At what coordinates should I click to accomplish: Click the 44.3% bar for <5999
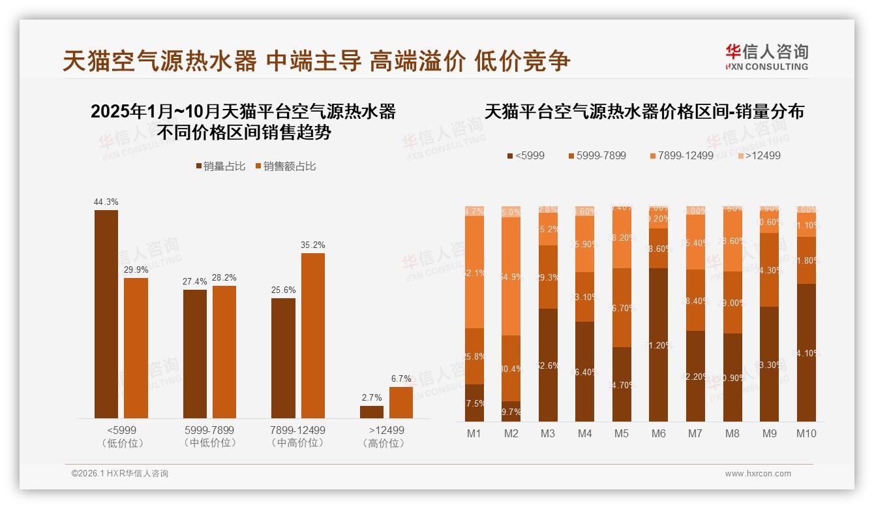pyautogui.click(x=106, y=314)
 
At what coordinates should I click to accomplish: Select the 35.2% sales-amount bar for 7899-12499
pyautogui.click(x=312, y=335)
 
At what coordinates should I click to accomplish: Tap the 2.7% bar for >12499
pyautogui.click(x=372, y=412)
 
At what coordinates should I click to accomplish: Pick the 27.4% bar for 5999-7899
pyautogui.click(x=195, y=354)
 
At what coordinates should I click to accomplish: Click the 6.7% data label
pyautogui.click(x=401, y=378)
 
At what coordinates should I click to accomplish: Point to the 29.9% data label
pyautogui.click(x=136, y=270)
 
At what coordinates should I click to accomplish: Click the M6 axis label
pyautogui.click(x=658, y=433)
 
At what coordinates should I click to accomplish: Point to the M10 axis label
pyautogui.click(x=806, y=433)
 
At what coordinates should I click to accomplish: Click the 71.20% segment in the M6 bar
pyautogui.click(x=658, y=345)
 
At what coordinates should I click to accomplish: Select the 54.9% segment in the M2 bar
pyautogui.click(x=511, y=276)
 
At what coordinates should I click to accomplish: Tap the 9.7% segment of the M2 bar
pyautogui.click(x=511, y=412)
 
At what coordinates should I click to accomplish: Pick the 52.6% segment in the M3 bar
pyautogui.click(x=548, y=365)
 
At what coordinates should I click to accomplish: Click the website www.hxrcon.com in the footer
pyautogui.click(x=758, y=474)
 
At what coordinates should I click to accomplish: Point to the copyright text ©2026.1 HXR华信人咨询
pyautogui.click(x=120, y=474)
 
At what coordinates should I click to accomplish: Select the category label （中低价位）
pyautogui.click(x=209, y=443)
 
